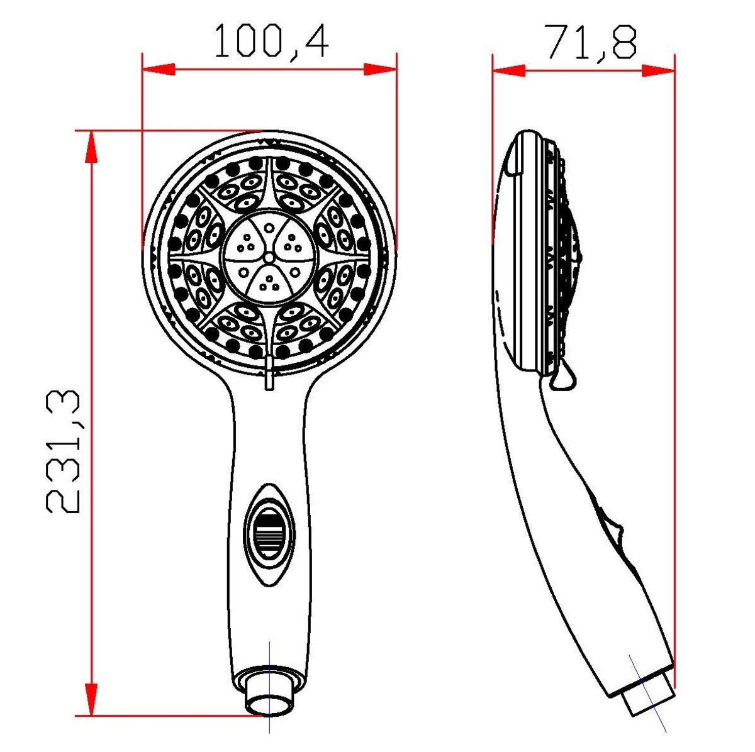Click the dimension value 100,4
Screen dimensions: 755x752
[x=272, y=41]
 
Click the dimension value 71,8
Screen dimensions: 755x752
[x=591, y=42]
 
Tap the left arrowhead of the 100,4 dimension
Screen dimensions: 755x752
[x=159, y=70]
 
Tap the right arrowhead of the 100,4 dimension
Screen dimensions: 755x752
[x=380, y=70]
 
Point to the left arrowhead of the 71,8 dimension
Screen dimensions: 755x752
[x=508, y=71]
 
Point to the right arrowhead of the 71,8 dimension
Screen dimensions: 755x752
[x=658, y=71]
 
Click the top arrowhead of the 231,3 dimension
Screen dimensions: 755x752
[x=91, y=147]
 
